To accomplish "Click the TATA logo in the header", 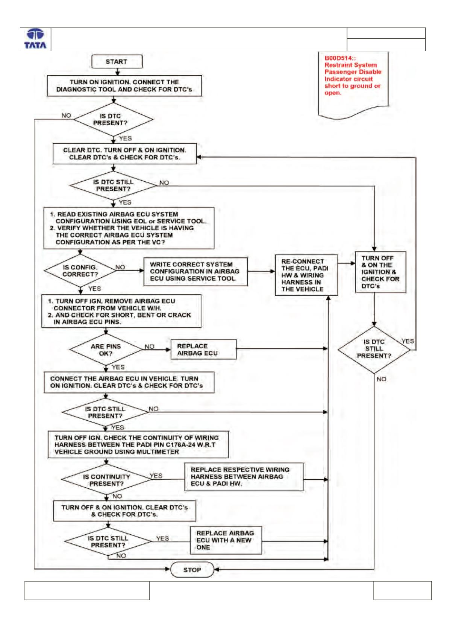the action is (x=35, y=39).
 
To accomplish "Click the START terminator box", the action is (x=117, y=61).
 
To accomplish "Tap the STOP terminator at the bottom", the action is (x=192, y=570).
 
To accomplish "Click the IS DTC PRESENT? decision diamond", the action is (x=114, y=119).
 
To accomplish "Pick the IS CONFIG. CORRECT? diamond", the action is (x=80, y=271).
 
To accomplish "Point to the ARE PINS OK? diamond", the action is (x=106, y=350).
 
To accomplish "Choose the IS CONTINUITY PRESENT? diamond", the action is (x=106, y=480).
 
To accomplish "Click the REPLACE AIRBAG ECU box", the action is (x=203, y=349).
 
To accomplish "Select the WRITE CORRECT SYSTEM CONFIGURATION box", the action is (x=195, y=271).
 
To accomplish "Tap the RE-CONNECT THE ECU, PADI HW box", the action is (x=306, y=275).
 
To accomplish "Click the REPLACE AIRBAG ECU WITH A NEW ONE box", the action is (x=226, y=540).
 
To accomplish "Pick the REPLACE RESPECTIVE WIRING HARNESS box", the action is (x=244, y=477).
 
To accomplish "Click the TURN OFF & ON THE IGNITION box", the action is (x=380, y=272).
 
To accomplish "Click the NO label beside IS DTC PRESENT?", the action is (x=66, y=116).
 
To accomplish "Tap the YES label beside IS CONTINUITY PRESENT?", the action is (x=156, y=476).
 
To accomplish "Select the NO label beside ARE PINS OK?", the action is (x=149, y=347).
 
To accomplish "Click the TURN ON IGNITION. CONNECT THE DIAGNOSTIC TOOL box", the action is (x=124, y=85).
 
